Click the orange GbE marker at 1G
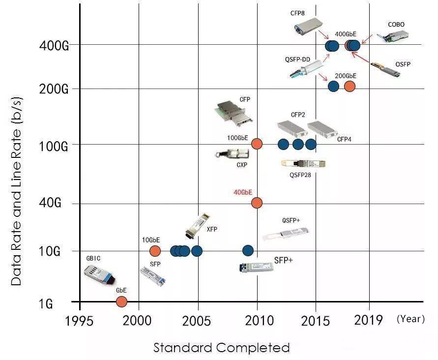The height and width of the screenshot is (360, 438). (121, 301)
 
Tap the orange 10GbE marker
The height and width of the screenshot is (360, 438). (155, 251)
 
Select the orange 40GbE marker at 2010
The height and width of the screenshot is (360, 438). (257, 203)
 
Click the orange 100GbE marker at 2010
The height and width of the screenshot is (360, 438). (257, 144)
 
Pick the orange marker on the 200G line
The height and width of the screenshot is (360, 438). (350, 87)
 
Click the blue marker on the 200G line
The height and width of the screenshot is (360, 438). (333, 87)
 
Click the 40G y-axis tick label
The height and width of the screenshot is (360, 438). (50, 203)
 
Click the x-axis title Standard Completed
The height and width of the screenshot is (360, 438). (221, 348)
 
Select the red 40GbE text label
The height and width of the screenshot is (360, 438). (243, 192)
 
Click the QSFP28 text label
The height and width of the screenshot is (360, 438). (302, 174)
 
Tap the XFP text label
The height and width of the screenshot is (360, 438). (212, 229)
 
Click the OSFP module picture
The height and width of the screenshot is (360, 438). (386, 70)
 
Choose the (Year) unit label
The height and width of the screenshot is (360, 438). (410, 319)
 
